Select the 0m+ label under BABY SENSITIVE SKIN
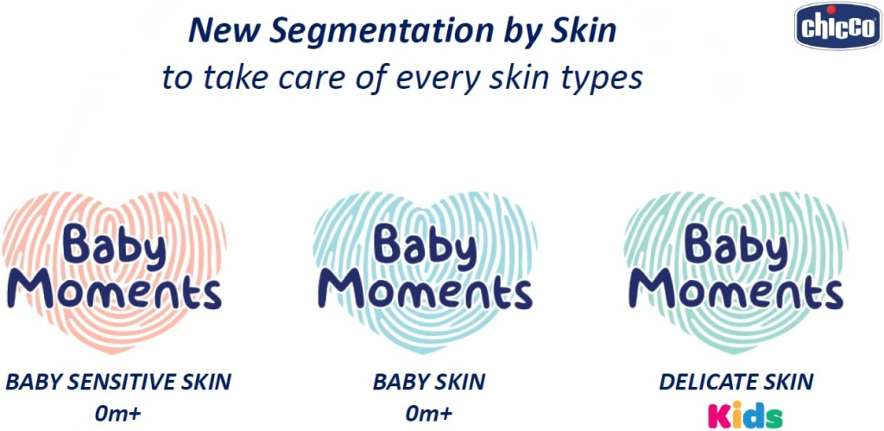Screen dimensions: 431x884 pyautogui.click(x=119, y=413)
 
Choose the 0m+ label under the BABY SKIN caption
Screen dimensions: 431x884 pyautogui.click(x=429, y=413)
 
